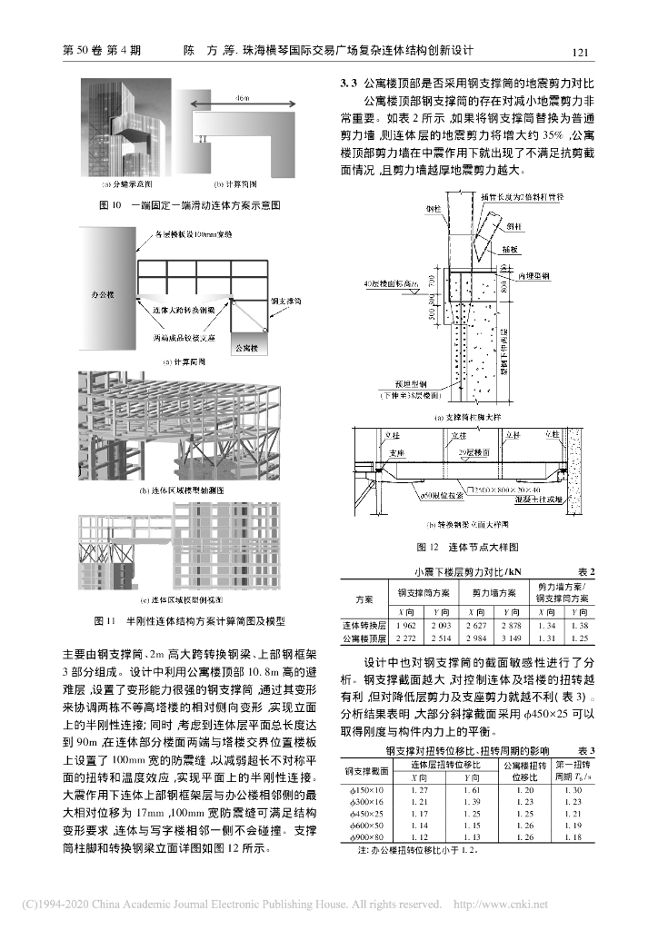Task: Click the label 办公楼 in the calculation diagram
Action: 108,295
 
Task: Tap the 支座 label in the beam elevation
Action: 396,451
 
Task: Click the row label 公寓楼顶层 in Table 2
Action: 364,639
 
